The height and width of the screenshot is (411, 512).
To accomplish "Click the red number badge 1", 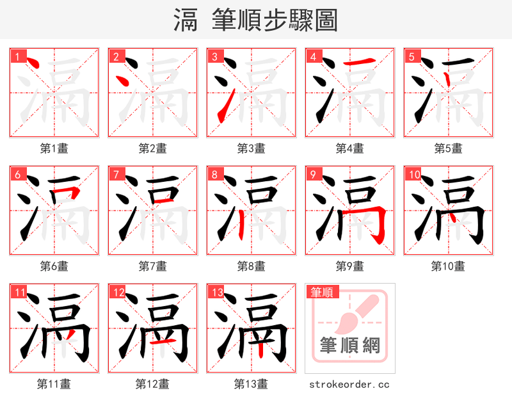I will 17,56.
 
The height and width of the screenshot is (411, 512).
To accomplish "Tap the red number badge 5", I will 412,56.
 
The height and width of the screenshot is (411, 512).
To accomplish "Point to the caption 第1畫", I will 54,149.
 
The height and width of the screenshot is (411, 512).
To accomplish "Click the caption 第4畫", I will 350,149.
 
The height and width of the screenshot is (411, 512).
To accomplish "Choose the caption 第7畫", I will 153,266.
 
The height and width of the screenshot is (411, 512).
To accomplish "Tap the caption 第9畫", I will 350,266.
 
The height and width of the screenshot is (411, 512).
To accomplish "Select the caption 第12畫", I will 153,383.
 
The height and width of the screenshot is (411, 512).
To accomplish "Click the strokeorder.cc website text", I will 349,384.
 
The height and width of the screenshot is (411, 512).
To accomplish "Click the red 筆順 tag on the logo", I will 321,292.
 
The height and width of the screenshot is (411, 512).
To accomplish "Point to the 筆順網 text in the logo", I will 350,346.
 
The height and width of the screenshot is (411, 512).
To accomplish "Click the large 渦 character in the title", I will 185,20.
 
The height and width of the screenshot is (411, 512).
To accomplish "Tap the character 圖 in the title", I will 326,20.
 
